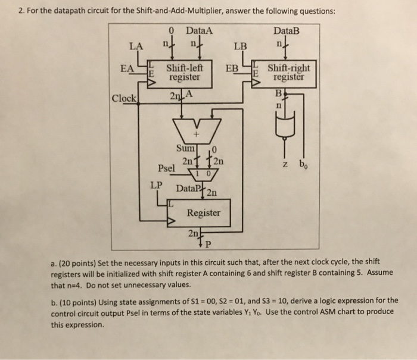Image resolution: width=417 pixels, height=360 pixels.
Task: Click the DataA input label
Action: [x=199, y=30]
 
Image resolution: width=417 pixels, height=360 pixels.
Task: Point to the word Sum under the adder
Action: [x=185, y=148]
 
